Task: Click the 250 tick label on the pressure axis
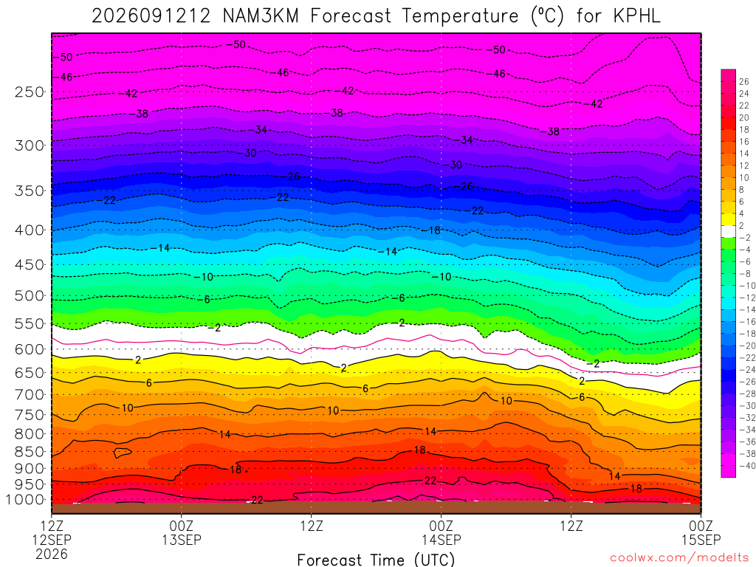[30, 92]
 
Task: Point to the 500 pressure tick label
[30, 295]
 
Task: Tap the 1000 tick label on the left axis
[26, 500]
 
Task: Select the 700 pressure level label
[30, 395]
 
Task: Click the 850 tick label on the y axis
[30, 452]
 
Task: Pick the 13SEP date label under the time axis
[182, 540]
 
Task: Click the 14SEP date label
[441, 540]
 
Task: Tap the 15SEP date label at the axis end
[701, 540]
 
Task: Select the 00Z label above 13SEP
[182, 525]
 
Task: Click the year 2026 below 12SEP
[52, 554]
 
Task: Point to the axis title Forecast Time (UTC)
[376, 560]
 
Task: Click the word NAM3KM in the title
[261, 16]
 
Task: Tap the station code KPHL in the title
[637, 16]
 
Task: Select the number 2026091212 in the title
[151, 16]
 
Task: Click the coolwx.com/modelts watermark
[680, 558]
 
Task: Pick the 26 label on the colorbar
[744, 81]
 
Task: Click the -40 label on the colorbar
[747, 466]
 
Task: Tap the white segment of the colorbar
[729, 231]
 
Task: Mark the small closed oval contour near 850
[123, 453]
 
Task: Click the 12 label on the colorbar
[744, 165]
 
